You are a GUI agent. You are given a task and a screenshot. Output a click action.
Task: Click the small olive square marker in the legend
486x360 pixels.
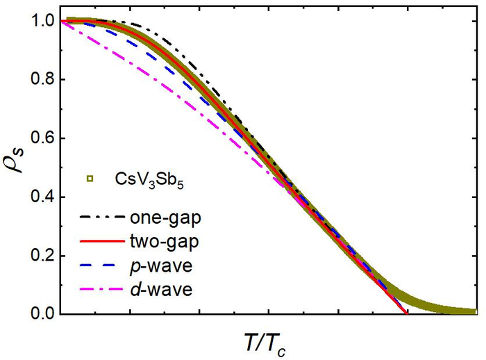click(x=90, y=180)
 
